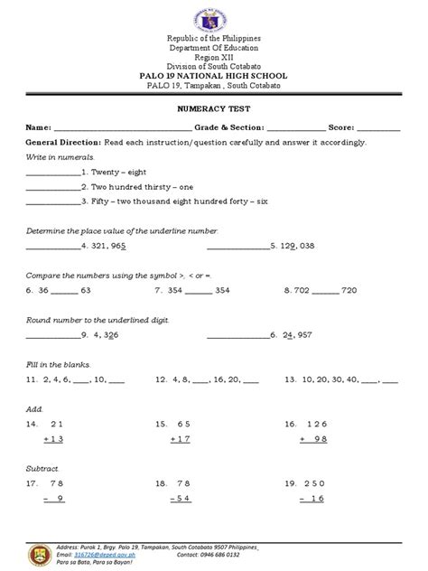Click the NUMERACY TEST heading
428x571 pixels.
[214, 107]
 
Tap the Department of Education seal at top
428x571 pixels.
[214, 19]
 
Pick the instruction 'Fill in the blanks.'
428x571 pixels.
[54, 364]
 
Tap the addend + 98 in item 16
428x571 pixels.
[312, 439]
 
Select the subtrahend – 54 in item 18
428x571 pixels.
[181, 499]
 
